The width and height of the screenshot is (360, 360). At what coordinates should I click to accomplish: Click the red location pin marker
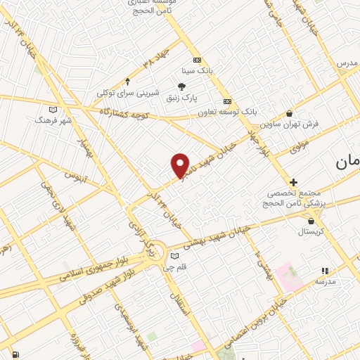coord(181,165)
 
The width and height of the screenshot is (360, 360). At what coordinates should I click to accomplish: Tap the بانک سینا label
coord(198,70)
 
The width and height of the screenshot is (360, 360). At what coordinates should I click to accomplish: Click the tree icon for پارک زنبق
coord(182,86)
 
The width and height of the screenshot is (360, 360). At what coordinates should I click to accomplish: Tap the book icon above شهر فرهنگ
coord(53,109)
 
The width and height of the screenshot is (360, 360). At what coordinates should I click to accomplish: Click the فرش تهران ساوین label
coord(290,124)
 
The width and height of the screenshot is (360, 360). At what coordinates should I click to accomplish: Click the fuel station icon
coord(15,354)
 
